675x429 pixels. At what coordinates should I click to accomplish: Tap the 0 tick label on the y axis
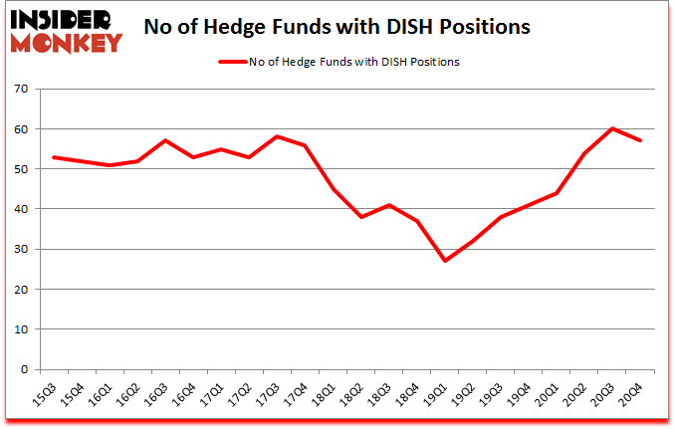pos(23,369)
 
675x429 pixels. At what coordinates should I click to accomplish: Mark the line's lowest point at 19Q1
pos(444,261)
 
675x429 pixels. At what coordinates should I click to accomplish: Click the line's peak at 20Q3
pos(612,128)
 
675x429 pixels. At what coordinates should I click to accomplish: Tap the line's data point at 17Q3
pos(277,136)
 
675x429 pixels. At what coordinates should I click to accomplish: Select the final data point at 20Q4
pos(640,140)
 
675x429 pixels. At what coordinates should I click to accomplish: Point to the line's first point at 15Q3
pos(53,157)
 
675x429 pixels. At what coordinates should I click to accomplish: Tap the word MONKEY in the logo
pos(67,41)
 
